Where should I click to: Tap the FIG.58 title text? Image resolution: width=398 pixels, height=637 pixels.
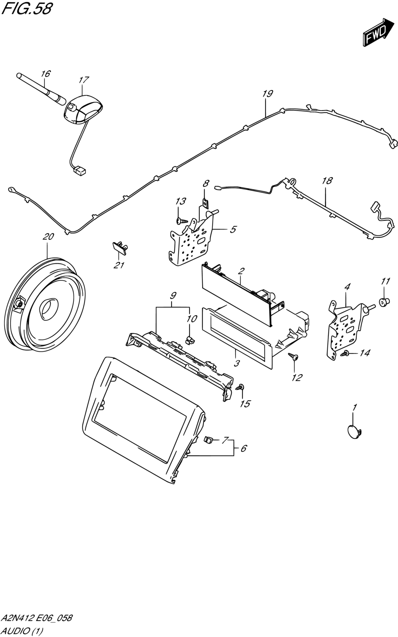[x=27, y=9]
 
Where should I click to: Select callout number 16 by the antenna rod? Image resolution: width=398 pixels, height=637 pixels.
[x=45, y=74]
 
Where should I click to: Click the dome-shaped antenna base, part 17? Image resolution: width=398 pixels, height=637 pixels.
[x=83, y=109]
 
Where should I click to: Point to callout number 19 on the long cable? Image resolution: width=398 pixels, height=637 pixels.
[x=268, y=94]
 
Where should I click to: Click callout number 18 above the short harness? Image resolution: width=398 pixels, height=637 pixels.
[x=327, y=180]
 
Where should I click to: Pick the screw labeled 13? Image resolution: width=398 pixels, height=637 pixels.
[x=182, y=220]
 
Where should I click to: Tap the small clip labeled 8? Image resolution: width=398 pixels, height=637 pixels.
[x=205, y=203]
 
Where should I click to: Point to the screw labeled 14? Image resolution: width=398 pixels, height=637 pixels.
[x=345, y=353]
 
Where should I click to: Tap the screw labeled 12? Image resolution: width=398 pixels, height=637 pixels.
[x=294, y=356]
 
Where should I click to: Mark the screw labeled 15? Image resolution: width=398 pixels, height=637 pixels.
[x=240, y=387]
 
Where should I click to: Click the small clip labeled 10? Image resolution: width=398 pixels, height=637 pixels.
[x=189, y=339]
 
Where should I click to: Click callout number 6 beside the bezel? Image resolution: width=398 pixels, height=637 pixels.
[x=243, y=448]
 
